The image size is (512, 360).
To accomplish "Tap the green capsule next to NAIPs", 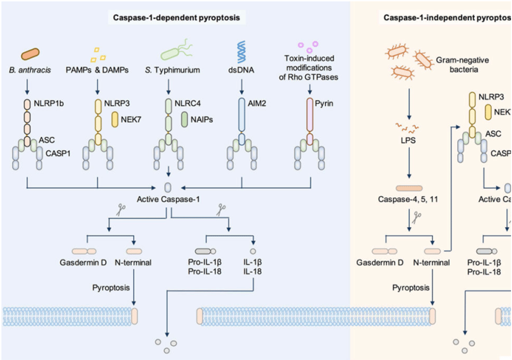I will pos(184,119).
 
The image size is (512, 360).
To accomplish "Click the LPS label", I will pos(408,140).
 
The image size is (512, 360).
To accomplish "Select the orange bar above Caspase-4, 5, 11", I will pos(408,188).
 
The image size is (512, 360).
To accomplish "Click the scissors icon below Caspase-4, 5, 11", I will pos(416,218).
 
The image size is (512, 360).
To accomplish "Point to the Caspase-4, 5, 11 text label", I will pos(408,199).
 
